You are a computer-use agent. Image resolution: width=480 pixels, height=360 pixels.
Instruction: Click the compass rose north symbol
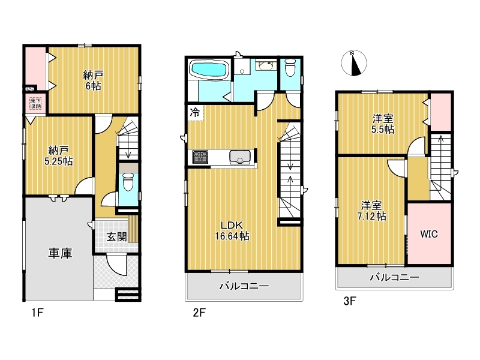[354, 63]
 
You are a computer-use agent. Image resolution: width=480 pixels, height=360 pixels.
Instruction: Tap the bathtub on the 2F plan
[209, 70]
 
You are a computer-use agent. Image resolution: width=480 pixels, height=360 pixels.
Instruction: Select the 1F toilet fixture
[128, 182]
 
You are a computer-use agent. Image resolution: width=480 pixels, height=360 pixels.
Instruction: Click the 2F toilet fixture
[290, 67]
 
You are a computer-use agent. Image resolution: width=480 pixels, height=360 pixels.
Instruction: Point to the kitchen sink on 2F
[239, 157]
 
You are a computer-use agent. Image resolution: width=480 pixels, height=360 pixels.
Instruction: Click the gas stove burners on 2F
[200, 157]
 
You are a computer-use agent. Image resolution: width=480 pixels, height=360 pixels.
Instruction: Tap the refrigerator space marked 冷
[195, 113]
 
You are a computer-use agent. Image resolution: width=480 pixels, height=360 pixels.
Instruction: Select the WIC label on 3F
[429, 234]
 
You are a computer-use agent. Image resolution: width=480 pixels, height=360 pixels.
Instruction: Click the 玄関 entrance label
[116, 236]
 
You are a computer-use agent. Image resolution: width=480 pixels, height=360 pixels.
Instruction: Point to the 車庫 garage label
[61, 253]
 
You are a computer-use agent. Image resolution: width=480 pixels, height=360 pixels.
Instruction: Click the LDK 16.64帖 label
[232, 230]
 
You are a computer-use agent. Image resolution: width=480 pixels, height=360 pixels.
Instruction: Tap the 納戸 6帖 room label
[93, 80]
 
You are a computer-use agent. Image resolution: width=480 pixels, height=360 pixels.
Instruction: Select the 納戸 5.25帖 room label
[58, 155]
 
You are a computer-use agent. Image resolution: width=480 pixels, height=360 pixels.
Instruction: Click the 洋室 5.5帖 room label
[383, 124]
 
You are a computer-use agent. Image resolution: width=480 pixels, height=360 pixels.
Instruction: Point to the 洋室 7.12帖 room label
[371, 211]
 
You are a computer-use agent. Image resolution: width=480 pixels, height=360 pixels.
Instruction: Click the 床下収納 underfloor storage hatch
[35, 103]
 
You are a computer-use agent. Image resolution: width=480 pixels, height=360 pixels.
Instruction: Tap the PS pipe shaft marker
[29, 89]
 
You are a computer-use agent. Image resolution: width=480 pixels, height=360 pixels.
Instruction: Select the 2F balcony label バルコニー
[244, 286]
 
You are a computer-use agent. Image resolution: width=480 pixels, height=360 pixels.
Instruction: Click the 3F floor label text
[350, 301]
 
